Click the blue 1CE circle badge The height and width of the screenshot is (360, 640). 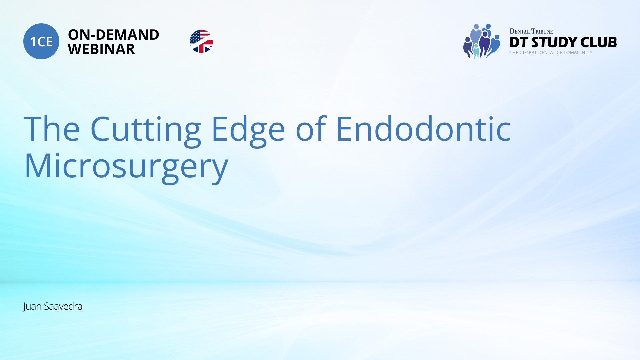[x=41, y=41]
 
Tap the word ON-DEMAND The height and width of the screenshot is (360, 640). [x=113, y=35]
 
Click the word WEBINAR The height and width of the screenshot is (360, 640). [x=101, y=49]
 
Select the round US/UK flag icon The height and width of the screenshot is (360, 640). [x=201, y=41]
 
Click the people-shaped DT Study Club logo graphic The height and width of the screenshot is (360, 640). [x=481, y=41]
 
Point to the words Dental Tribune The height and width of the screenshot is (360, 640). [x=531, y=31]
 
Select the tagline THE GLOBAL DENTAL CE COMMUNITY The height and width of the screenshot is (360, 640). [x=551, y=53]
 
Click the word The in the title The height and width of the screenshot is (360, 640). [x=52, y=129]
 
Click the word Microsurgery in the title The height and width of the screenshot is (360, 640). [x=126, y=167]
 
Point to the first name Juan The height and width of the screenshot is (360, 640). [x=32, y=306]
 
